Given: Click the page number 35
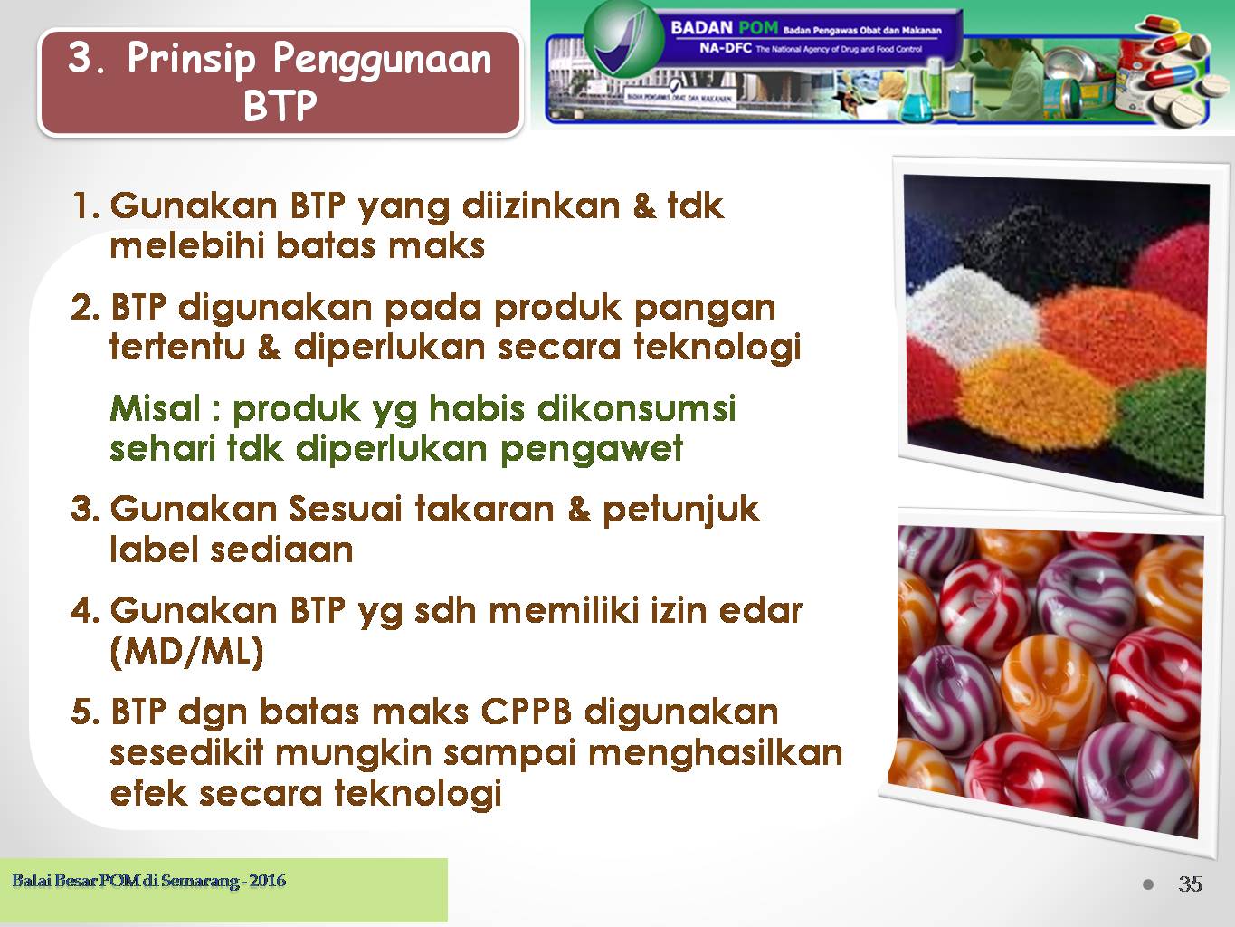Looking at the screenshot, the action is pos(1190,884).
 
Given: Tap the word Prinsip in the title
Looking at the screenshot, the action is pos(191,60).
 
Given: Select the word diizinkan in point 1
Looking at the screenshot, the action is pos(540,206).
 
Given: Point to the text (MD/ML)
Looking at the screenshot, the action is pos(186,652).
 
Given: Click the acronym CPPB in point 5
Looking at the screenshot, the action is pos(526,712).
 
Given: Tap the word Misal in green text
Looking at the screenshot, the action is pos(156,408).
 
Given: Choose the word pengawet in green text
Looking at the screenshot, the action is pos(592,451).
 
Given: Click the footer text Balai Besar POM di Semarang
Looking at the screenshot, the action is pos(124,880).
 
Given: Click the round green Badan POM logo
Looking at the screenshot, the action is pos(622,38).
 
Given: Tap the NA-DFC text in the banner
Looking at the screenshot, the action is pos(726,48).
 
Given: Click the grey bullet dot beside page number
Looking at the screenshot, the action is pos(1148,884).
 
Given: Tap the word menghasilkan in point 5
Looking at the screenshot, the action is pos(715,753).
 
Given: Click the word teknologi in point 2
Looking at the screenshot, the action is pos(718,348).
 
